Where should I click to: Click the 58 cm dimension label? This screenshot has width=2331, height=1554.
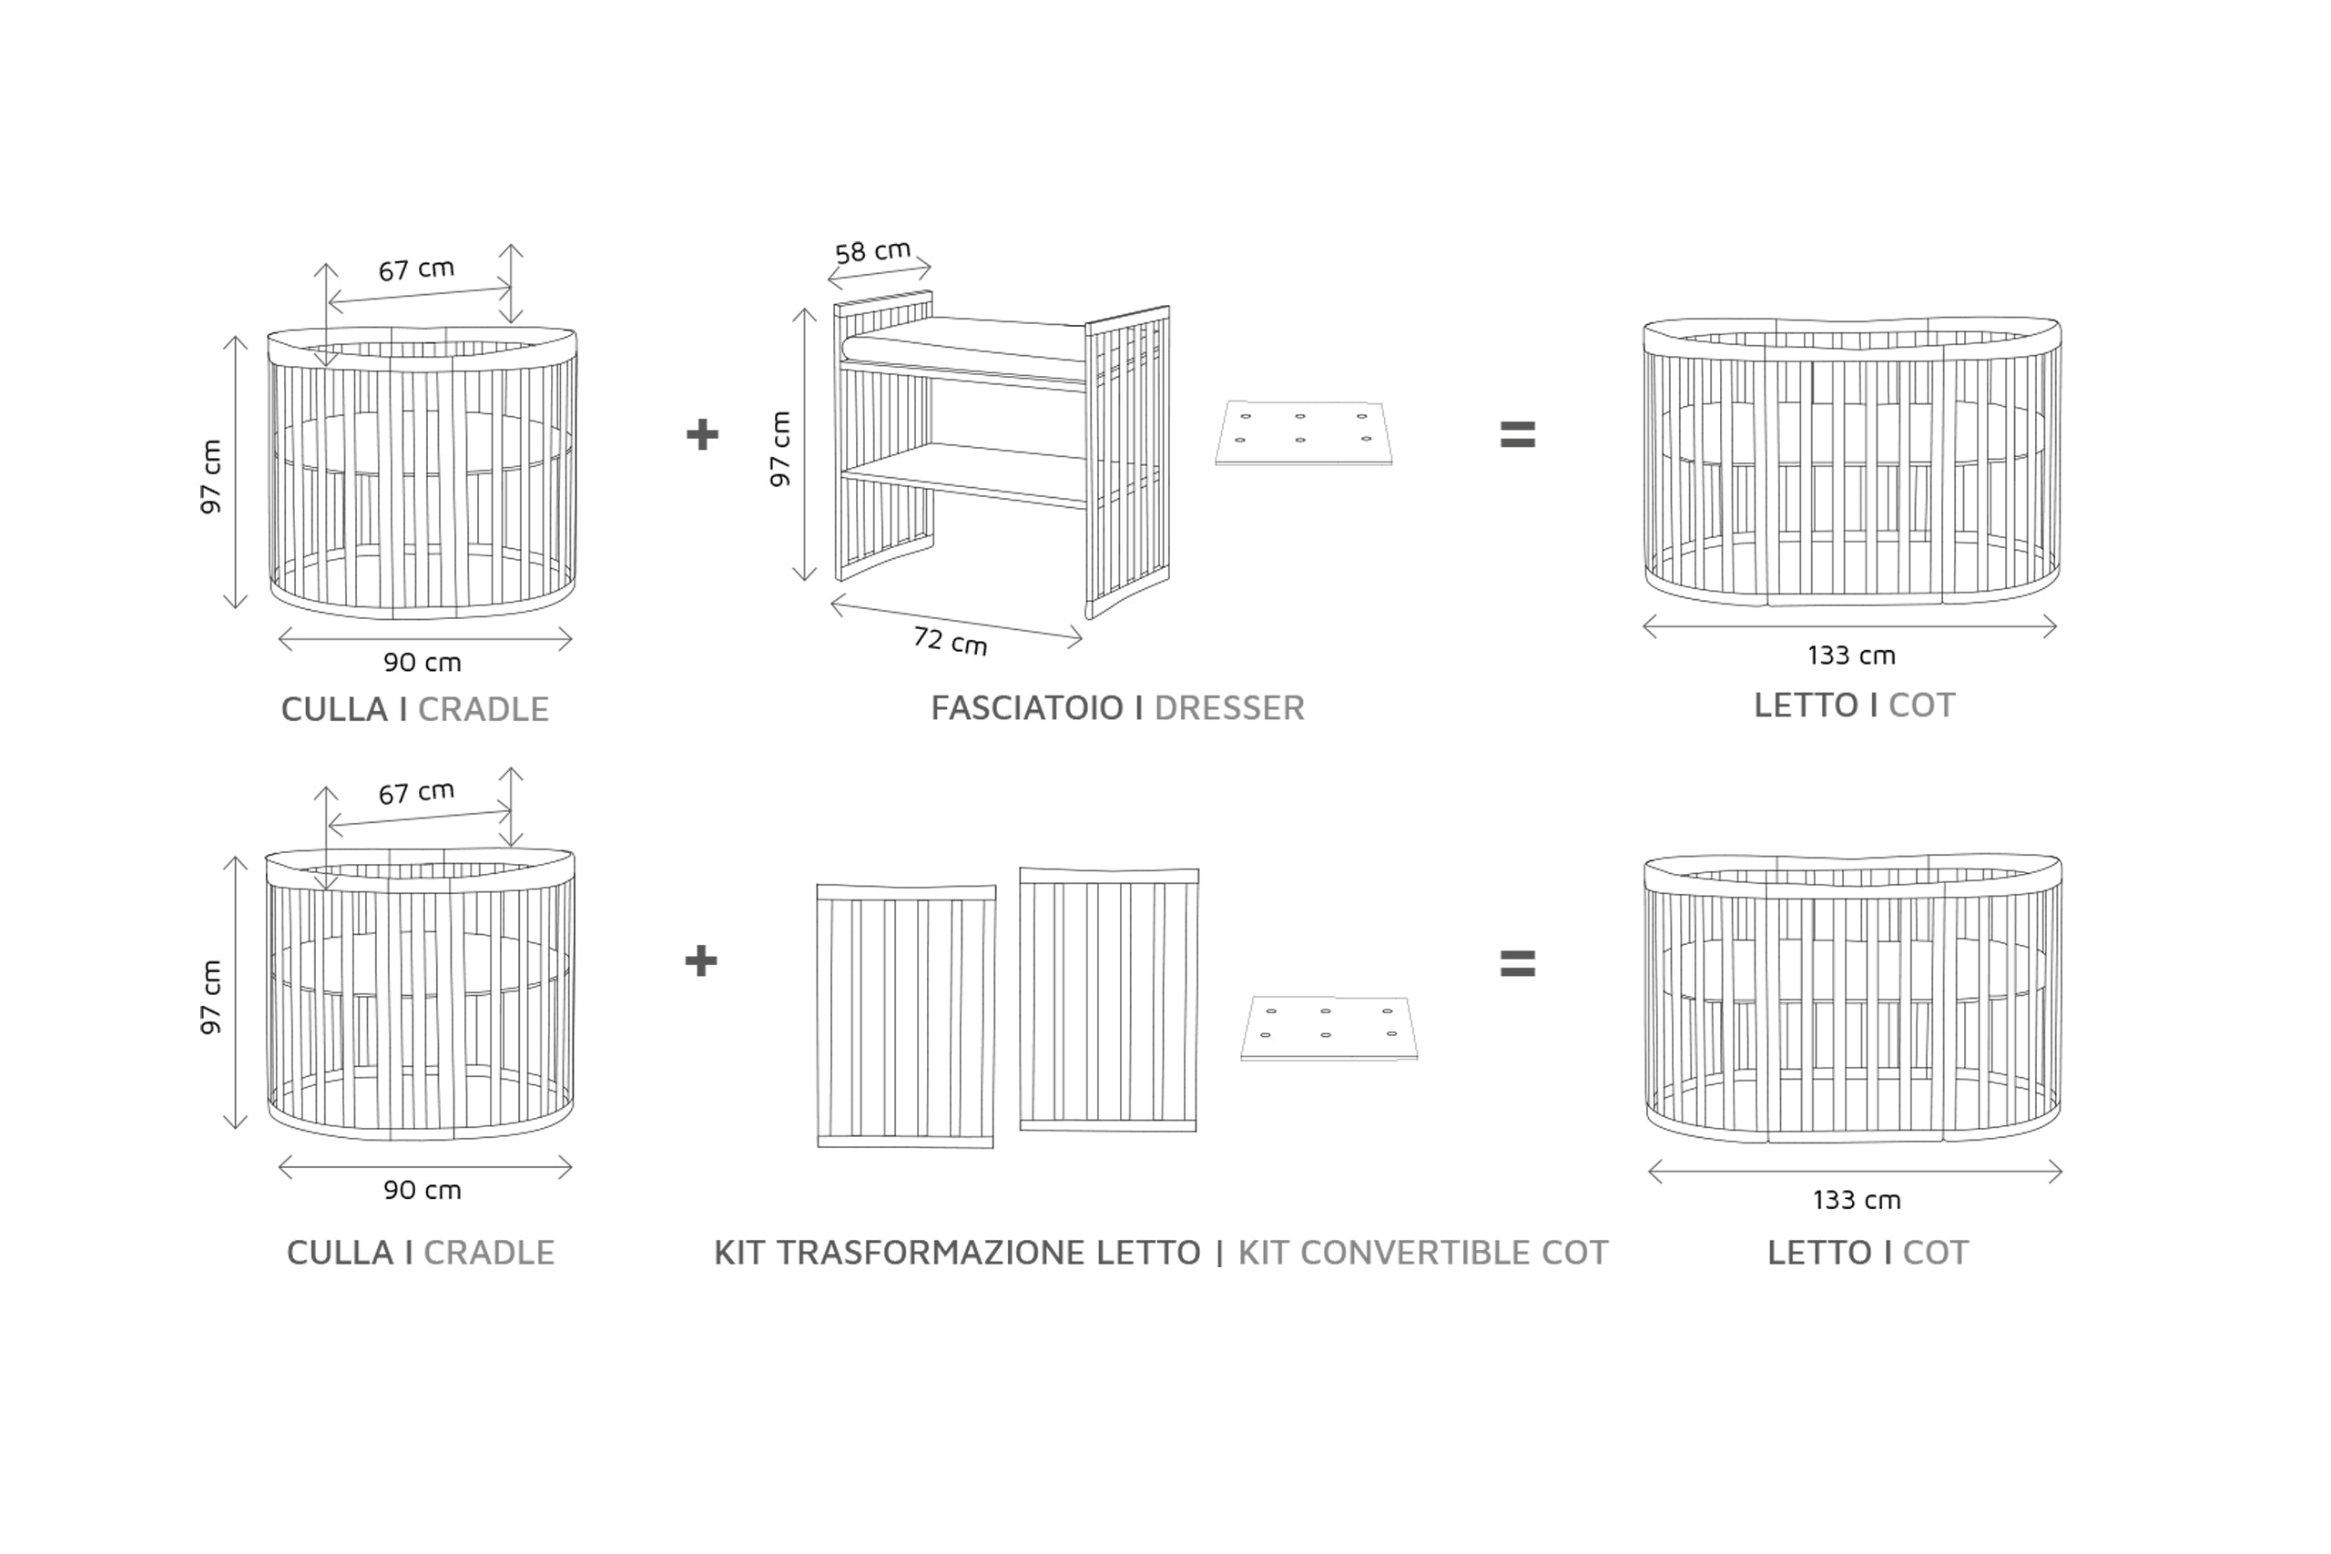[872, 252]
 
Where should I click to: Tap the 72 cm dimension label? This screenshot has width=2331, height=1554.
[950, 641]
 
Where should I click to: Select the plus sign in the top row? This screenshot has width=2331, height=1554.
[702, 434]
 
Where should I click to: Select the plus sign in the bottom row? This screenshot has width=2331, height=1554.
[701, 960]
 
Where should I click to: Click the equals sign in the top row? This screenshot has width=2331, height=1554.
[1517, 434]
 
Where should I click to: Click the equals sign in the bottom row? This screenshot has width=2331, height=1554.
[1517, 963]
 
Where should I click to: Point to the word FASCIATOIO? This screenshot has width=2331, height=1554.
[1027, 707]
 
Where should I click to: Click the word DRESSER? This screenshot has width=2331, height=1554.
[1229, 707]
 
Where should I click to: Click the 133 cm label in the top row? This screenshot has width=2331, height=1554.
[1850, 655]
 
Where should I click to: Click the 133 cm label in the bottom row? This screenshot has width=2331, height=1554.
[1857, 1200]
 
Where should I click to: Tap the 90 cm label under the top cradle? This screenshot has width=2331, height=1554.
[422, 662]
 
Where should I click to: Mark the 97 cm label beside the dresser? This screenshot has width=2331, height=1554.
[781, 449]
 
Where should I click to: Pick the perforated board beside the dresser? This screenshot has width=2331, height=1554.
[1303, 432]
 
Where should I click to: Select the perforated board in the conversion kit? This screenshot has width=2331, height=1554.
[1328, 1028]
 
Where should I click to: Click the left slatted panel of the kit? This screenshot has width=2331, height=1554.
[906, 1016]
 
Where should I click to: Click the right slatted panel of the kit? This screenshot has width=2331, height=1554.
[1109, 999]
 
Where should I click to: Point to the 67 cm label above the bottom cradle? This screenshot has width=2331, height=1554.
[416, 792]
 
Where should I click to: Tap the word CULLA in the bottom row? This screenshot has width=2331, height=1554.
[340, 1253]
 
